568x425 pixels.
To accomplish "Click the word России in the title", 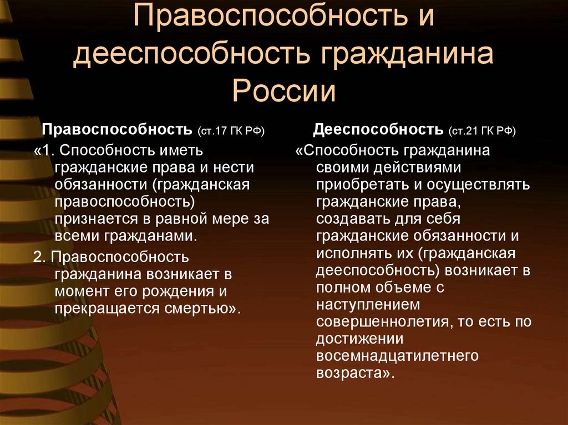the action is pyautogui.click(x=283, y=90).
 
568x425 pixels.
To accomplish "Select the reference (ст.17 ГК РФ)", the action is pyautogui.click(x=231, y=131).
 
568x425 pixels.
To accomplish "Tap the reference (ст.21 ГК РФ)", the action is pyautogui.click(x=482, y=131).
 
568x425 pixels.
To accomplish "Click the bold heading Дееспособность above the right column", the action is pyautogui.click(x=378, y=129).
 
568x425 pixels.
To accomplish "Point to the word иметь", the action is pyautogui.click(x=181, y=150).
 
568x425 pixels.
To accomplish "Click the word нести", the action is pyautogui.click(x=234, y=167).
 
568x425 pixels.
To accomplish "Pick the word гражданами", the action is pyautogui.click(x=150, y=237).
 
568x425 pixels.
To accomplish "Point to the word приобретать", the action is pyautogui.click(x=363, y=185).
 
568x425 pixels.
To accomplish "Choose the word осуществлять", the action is pyautogui.click(x=478, y=185).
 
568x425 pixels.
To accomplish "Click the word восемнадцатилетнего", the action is pyautogui.click(x=397, y=356).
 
